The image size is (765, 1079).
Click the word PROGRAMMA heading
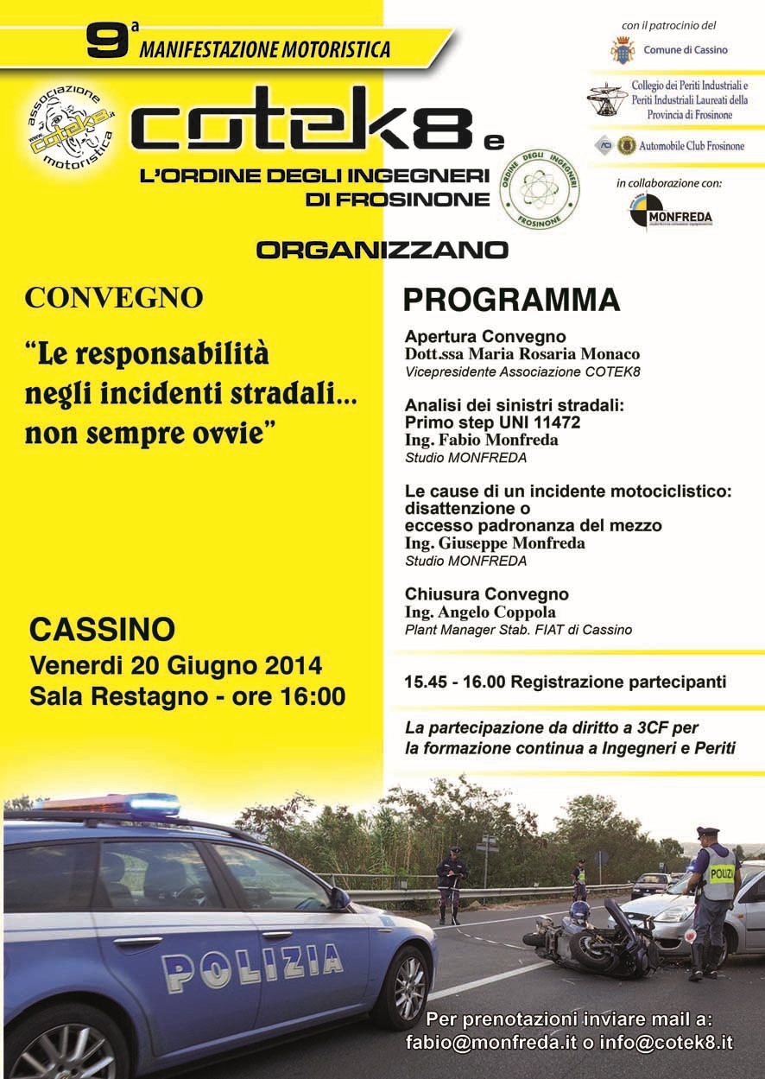tap(512, 300)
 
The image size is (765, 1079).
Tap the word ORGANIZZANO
tap(382, 251)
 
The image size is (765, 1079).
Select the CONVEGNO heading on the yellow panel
tap(114, 298)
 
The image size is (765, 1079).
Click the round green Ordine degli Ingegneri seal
tap(540, 190)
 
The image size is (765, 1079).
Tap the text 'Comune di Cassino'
tap(685, 50)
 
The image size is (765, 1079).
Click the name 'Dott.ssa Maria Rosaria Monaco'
tap(522, 354)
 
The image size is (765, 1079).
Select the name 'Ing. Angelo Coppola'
tap(480, 612)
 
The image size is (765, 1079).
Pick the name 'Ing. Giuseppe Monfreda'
tap(495, 543)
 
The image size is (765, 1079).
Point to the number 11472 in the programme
tap(556, 422)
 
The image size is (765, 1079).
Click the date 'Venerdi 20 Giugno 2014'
tap(176, 666)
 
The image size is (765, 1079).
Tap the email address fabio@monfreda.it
tap(490, 1043)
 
